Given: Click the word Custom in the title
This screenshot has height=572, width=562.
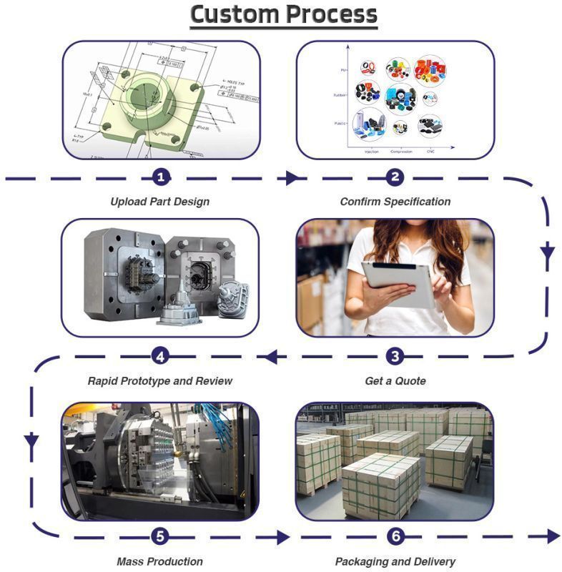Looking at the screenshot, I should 234,14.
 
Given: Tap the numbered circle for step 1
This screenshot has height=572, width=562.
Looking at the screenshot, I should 162,177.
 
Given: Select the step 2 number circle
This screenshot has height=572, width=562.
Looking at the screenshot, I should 395,177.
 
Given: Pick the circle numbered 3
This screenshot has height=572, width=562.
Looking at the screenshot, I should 395,355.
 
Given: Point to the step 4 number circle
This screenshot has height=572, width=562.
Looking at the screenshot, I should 162,355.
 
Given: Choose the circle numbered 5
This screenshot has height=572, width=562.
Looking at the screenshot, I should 162,536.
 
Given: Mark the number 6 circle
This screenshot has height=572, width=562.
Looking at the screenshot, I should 395,536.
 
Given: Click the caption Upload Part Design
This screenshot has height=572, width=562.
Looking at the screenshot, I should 160,202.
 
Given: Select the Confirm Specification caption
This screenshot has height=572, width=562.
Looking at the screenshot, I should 395,202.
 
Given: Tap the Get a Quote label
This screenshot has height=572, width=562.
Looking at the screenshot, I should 395,381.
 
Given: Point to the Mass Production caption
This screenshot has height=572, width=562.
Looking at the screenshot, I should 160,561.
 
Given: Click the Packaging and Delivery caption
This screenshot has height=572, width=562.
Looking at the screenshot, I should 395,561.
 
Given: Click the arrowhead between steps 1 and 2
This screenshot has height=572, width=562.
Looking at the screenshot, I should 291,178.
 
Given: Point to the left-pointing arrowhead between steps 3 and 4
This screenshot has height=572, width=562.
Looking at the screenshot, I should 272,355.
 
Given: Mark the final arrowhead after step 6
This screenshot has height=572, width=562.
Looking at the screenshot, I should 553,536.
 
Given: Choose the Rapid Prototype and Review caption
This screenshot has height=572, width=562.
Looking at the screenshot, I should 160,381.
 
